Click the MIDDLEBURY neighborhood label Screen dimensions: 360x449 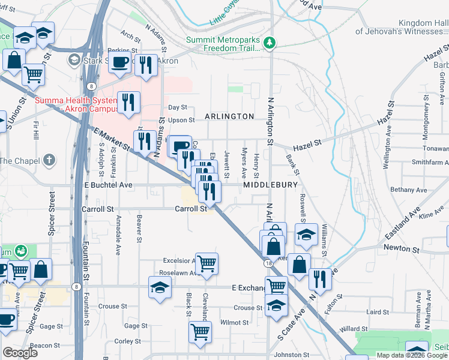(270, 185)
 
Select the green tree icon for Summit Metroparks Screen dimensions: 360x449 (271, 42)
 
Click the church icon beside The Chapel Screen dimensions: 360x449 (49, 160)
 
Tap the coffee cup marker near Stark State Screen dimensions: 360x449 (120, 61)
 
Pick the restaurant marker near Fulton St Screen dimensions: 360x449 (320, 279)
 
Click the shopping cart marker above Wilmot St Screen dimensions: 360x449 (200, 331)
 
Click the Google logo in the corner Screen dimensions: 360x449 (20, 353)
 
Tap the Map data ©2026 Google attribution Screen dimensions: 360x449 (412, 355)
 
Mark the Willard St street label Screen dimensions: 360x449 (354, 329)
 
